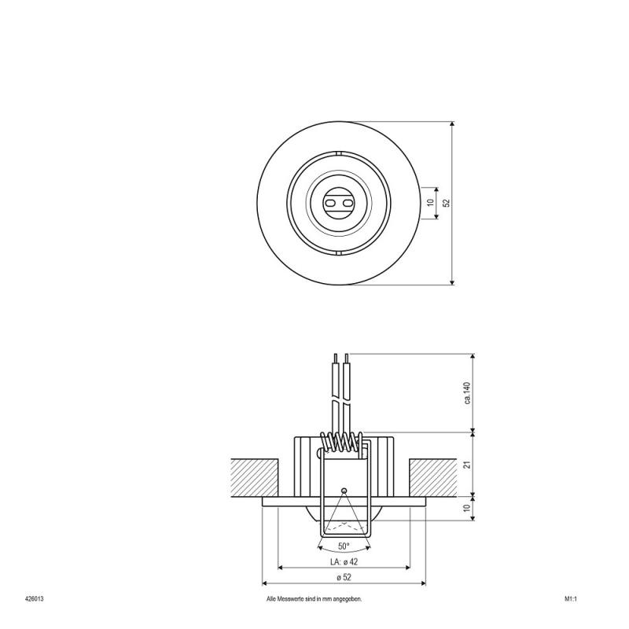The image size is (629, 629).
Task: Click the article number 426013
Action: [34, 599]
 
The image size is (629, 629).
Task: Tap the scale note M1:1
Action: [571, 599]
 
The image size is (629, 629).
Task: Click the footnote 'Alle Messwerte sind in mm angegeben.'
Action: [314, 599]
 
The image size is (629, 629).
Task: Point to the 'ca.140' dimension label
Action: [467, 393]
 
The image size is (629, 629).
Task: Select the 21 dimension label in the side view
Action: [466, 465]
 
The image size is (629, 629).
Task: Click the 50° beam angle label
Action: [344, 546]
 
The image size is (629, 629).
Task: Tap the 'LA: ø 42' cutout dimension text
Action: [344, 561]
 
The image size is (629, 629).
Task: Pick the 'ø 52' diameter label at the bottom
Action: [344, 577]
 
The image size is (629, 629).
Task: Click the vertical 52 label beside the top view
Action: [447, 203]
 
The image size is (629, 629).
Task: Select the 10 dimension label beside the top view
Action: [431, 203]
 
